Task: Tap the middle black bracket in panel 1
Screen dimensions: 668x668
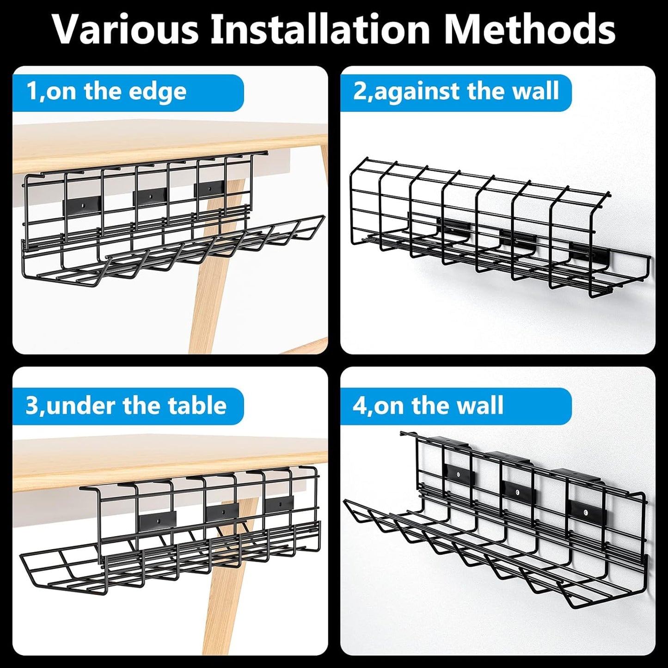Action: click(150, 197)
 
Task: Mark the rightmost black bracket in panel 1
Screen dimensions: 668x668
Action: click(210, 189)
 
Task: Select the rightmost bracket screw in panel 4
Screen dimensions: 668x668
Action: click(586, 512)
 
